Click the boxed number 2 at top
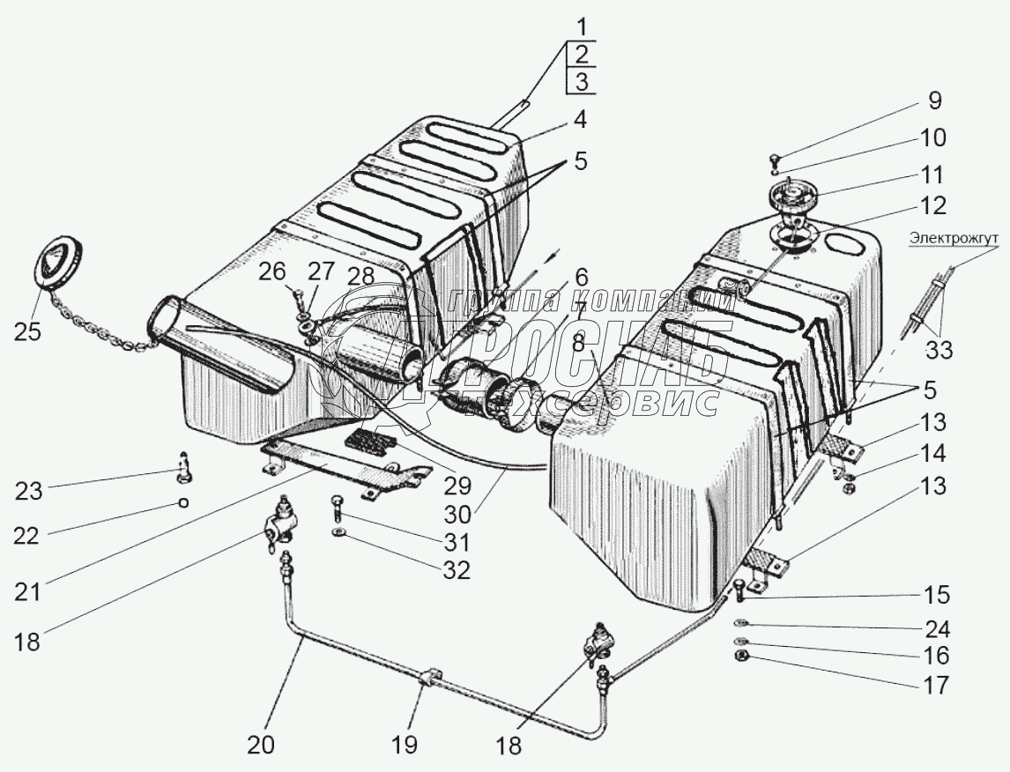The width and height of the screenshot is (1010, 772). click(x=581, y=54)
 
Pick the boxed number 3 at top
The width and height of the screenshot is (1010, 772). click(x=581, y=82)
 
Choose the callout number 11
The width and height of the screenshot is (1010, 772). click(x=932, y=174)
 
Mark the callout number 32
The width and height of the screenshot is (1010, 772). click(x=456, y=570)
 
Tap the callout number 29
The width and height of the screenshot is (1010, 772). click(x=457, y=485)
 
